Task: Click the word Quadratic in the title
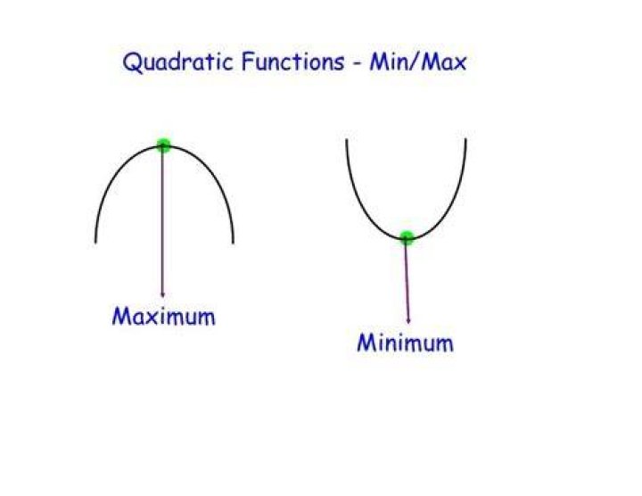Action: tap(177, 62)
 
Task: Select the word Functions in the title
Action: tap(292, 62)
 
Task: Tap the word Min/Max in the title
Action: tap(417, 62)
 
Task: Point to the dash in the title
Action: tap(357, 63)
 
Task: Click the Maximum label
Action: tap(163, 317)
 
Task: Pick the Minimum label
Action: tap(406, 343)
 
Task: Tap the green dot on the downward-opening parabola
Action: tap(164, 145)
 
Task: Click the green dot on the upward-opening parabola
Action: tap(407, 237)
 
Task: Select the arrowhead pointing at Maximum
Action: tap(163, 294)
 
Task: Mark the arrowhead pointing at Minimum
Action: tap(407, 320)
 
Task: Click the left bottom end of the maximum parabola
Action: tap(95, 243)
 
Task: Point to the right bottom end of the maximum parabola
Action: tap(233, 243)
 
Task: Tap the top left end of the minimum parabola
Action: tap(347, 140)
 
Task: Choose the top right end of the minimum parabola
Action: tap(465, 140)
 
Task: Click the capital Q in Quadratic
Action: tap(132, 62)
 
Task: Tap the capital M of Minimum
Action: tap(366, 343)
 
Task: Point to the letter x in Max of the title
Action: tap(460, 65)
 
